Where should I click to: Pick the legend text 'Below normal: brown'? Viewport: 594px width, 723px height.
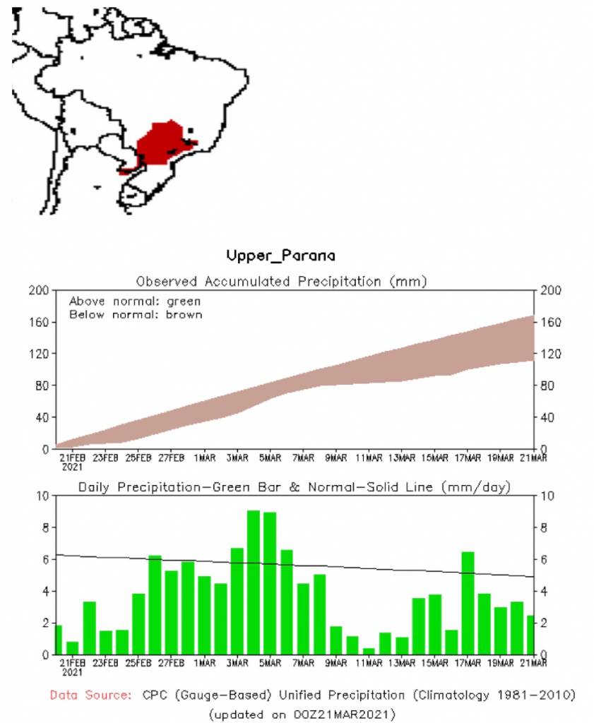(135, 314)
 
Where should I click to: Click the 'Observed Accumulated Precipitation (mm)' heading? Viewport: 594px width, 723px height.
(282, 281)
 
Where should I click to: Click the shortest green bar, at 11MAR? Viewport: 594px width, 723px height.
(368, 651)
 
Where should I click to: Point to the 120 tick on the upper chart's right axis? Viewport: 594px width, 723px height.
(552, 354)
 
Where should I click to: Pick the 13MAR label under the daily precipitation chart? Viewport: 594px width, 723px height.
(401, 664)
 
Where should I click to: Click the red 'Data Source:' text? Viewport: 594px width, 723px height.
(90, 695)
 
